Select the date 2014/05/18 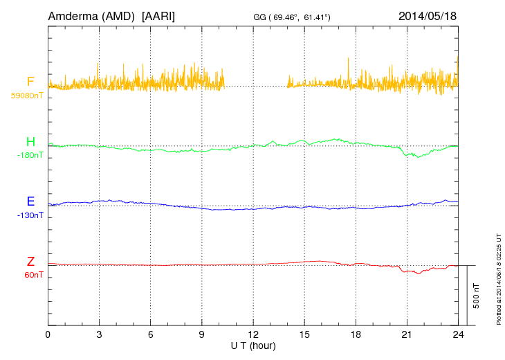tap(427, 15)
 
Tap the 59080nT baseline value tap(26, 96)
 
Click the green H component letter tap(30, 143)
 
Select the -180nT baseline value tap(30, 155)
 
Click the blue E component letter tap(30, 202)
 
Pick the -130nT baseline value tap(30, 215)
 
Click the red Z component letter tap(30, 262)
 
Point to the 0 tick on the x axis tap(48, 334)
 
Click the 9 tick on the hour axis tap(202, 334)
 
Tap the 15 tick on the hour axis tap(304, 334)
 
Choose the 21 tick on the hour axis tap(407, 334)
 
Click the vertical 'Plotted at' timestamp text tap(499, 278)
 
